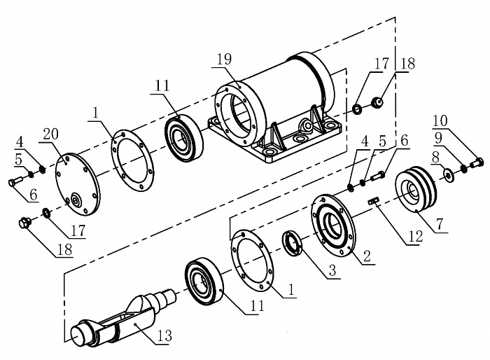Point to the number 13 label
point(163,337)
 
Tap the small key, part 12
point(374,202)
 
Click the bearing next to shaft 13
point(205,283)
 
